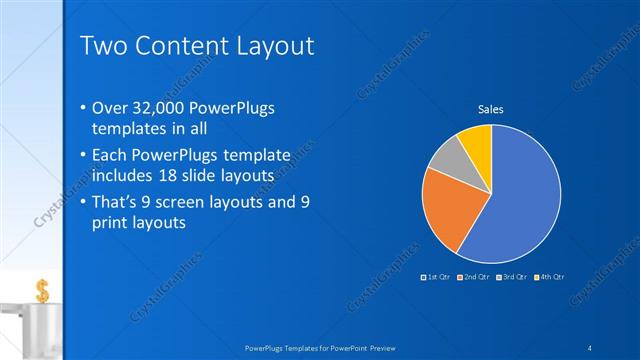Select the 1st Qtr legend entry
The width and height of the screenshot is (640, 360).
[435, 276]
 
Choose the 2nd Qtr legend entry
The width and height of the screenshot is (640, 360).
[473, 276]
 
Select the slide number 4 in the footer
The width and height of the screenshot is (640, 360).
[589, 347]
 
